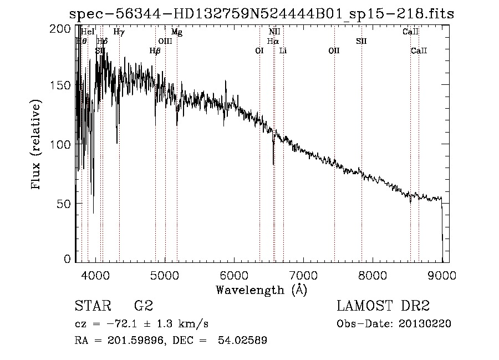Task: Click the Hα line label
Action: point(272,41)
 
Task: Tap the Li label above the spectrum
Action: point(283,51)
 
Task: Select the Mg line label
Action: point(176,32)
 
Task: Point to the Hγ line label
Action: point(119,32)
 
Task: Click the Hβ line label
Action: point(155,51)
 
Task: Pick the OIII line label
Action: point(165,41)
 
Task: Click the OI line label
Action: point(259,51)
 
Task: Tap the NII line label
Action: point(274,32)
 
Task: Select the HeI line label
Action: point(88,32)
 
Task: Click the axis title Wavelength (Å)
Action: point(261,290)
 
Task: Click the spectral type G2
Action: point(144,306)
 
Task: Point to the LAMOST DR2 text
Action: point(383,306)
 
